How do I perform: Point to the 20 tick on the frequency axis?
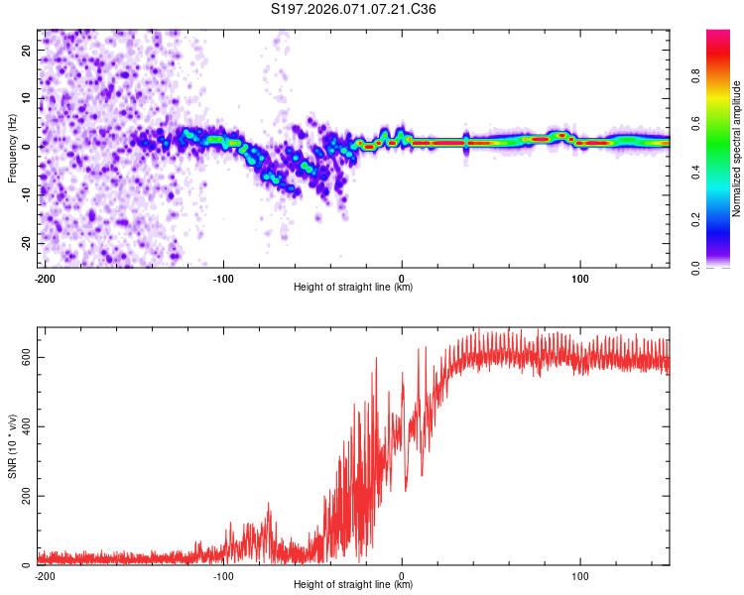[27, 50]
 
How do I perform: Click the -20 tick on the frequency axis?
[25, 243]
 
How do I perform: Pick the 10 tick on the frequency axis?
[27, 98]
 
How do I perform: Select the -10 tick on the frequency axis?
[25, 194]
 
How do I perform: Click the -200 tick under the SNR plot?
[44, 575]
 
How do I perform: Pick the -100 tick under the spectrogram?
[222, 278]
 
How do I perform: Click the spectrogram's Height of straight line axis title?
[353, 288]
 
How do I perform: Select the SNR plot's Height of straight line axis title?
[353, 585]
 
